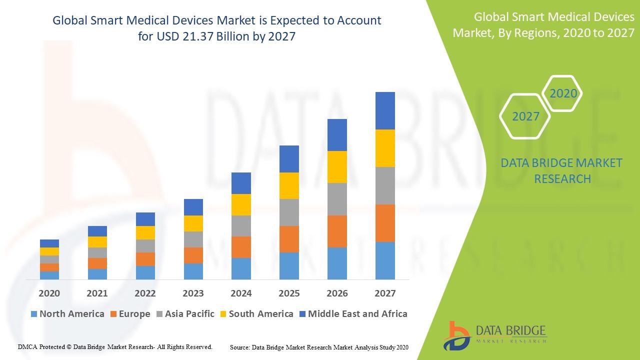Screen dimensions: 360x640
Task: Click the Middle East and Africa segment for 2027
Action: coord(385,110)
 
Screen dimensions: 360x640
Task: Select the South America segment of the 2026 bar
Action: coord(337,167)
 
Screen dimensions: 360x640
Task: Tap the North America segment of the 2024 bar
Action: coord(241,268)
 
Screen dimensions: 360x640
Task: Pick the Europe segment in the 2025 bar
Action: coord(289,239)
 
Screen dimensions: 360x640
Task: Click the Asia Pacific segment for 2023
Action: coord(193,239)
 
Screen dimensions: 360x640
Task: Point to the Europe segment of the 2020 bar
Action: coord(49,267)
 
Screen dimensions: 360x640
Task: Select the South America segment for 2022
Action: coord(145,232)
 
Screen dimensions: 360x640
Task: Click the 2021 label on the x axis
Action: coord(97,293)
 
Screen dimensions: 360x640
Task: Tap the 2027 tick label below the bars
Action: coord(385,293)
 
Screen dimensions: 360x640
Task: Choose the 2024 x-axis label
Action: coord(241,293)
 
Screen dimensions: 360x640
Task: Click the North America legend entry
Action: coord(67,314)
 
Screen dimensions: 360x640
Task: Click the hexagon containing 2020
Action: coord(563,93)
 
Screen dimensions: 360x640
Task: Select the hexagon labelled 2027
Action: coord(525,116)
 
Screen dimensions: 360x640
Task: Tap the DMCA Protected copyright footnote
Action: coord(115,346)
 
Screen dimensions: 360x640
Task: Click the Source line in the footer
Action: coord(319,347)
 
